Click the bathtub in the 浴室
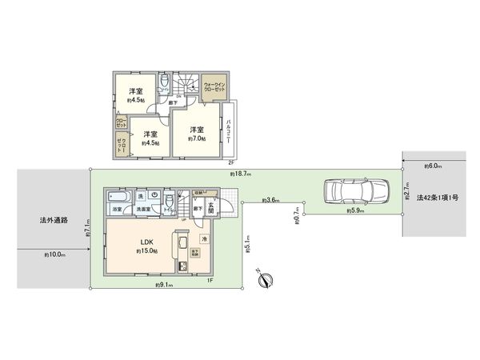click(118, 197)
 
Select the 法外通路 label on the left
click(54, 219)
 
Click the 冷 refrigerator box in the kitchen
click(204, 238)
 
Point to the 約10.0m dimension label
click(55, 254)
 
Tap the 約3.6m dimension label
click(271, 200)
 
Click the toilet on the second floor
click(163, 82)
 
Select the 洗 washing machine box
click(141, 196)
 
